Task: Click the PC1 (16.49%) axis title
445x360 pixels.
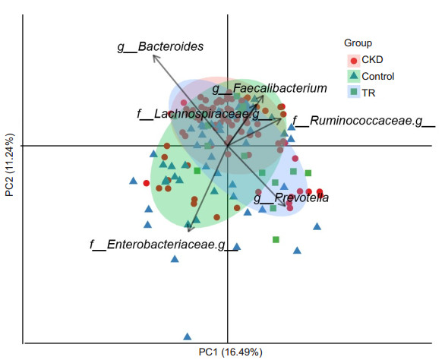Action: coord(230,352)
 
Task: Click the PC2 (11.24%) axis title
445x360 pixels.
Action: coord(9,165)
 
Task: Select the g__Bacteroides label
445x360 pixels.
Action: coord(160,47)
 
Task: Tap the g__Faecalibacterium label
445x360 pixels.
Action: coord(270,89)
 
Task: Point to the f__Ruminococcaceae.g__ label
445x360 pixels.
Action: coord(364,121)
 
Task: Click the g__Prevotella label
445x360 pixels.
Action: coord(291,197)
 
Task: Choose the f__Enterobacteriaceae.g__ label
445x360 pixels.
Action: coord(164,245)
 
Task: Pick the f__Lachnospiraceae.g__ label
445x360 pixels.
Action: coord(204,114)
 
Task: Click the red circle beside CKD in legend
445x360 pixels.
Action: coord(354,61)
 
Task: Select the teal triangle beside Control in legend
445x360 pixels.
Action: coord(354,76)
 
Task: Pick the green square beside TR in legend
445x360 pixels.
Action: coord(354,92)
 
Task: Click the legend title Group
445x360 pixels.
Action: coord(358,43)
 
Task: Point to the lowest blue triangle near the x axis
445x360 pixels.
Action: coord(188,336)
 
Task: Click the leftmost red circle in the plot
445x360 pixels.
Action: coord(146,183)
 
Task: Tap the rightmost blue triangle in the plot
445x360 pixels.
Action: coord(317,226)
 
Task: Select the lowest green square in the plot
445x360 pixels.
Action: coord(276,240)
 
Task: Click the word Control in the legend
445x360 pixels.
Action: coord(378,77)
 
